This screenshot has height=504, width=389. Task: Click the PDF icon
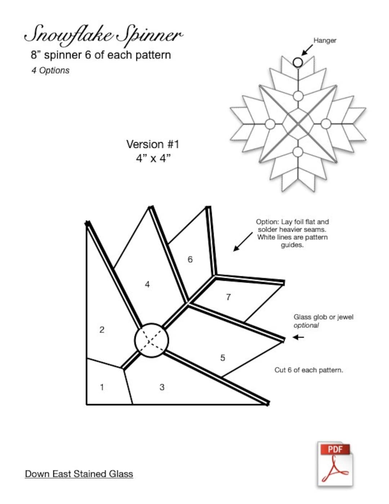335,464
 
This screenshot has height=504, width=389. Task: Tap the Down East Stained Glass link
79,474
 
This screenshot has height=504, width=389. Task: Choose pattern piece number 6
190,259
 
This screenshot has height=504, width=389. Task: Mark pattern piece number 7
228,297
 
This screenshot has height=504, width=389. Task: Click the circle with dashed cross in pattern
151,340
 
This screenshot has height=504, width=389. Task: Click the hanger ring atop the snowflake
298,63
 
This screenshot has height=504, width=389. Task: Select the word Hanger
325,40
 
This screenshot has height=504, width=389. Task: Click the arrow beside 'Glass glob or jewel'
299,337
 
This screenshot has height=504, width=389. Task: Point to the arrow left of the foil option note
243,241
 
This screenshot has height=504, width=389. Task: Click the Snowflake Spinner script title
103,35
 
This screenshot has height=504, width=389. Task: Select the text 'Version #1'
153,144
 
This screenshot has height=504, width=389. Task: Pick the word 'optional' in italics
306,325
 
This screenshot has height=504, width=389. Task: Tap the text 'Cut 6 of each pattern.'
309,370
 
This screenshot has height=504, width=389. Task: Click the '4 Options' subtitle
50,70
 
